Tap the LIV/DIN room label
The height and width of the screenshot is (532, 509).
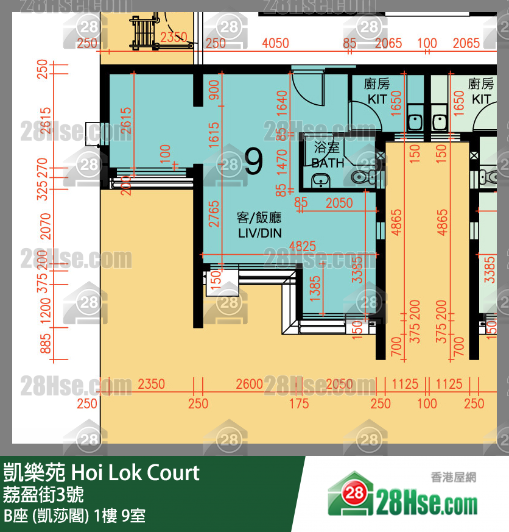point(259,225)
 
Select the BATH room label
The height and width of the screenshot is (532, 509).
point(328,156)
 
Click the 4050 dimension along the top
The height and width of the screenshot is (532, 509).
point(275,43)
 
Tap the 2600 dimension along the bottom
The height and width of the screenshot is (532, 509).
point(249,385)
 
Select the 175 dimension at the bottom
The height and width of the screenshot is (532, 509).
point(298,403)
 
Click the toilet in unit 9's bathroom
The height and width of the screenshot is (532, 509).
point(363,177)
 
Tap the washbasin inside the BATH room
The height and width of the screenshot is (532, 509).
point(320,180)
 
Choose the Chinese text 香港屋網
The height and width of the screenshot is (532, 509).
point(452,478)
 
